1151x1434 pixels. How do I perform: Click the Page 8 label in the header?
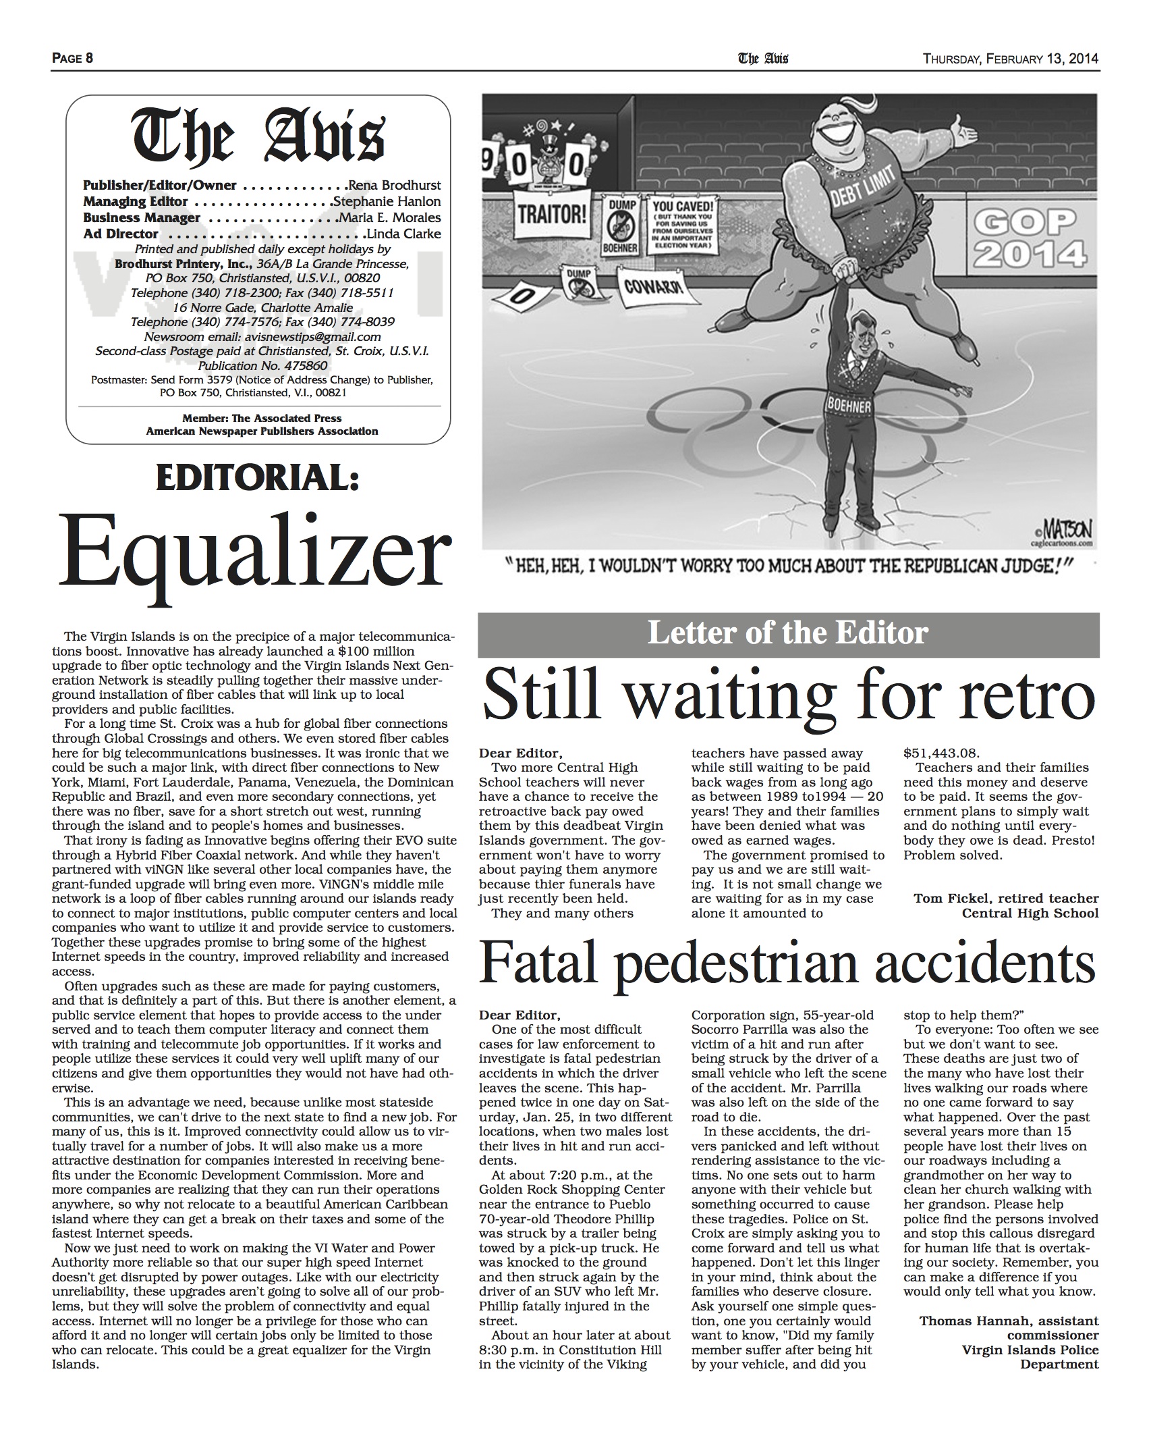(72, 58)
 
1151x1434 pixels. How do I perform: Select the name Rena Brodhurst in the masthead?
(394, 185)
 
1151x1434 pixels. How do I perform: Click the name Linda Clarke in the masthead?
(403, 234)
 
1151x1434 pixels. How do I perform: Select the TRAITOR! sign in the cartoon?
(551, 215)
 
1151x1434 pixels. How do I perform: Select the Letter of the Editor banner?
(788, 633)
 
